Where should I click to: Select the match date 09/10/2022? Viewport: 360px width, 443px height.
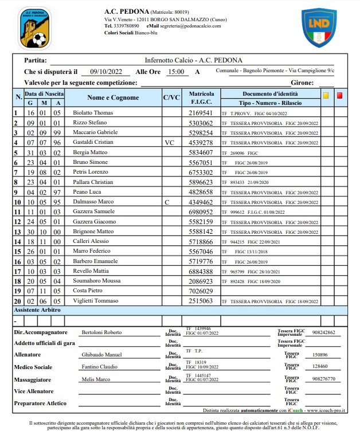coord(107,72)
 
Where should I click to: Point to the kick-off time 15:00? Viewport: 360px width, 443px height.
coord(175,72)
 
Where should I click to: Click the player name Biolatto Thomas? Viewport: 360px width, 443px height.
coord(93,113)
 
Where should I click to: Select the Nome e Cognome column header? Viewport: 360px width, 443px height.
coord(113,97)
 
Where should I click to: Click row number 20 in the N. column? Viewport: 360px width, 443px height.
coord(17,301)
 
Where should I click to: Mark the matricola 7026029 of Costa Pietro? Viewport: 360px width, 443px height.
coord(201,291)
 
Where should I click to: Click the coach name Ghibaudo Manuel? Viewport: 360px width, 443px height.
coord(102,355)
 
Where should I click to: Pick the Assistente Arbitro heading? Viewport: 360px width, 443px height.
coord(37,309)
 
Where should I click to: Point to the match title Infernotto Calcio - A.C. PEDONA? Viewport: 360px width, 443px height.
coord(193,60)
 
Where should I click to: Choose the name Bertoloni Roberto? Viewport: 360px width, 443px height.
coord(101,332)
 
